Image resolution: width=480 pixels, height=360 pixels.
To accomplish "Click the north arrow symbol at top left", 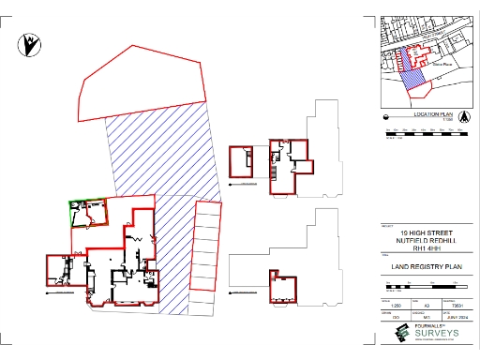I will pyautogui.click(x=32, y=42).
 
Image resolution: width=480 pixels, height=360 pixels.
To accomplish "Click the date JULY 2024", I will pyautogui.click(x=457, y=318).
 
